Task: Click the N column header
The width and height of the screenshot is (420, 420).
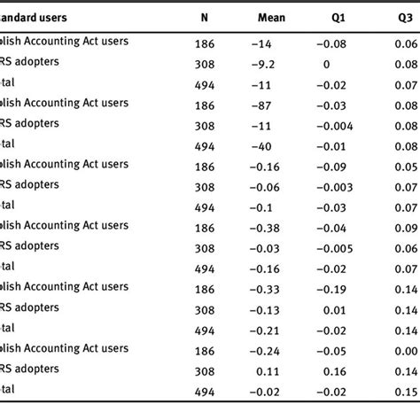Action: pos(205,18)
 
